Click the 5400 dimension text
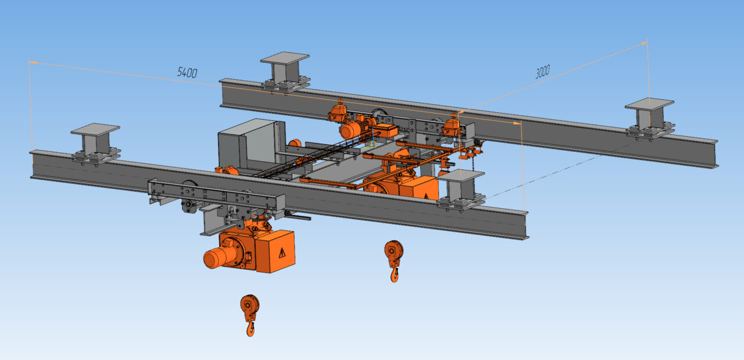tap(187, 73)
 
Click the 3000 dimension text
tap(543, 72)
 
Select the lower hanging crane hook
tap(250, 315)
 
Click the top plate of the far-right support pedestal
tap(649, 104)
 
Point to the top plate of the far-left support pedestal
tap(95, 129)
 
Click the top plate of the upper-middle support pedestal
tap(285, 58)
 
